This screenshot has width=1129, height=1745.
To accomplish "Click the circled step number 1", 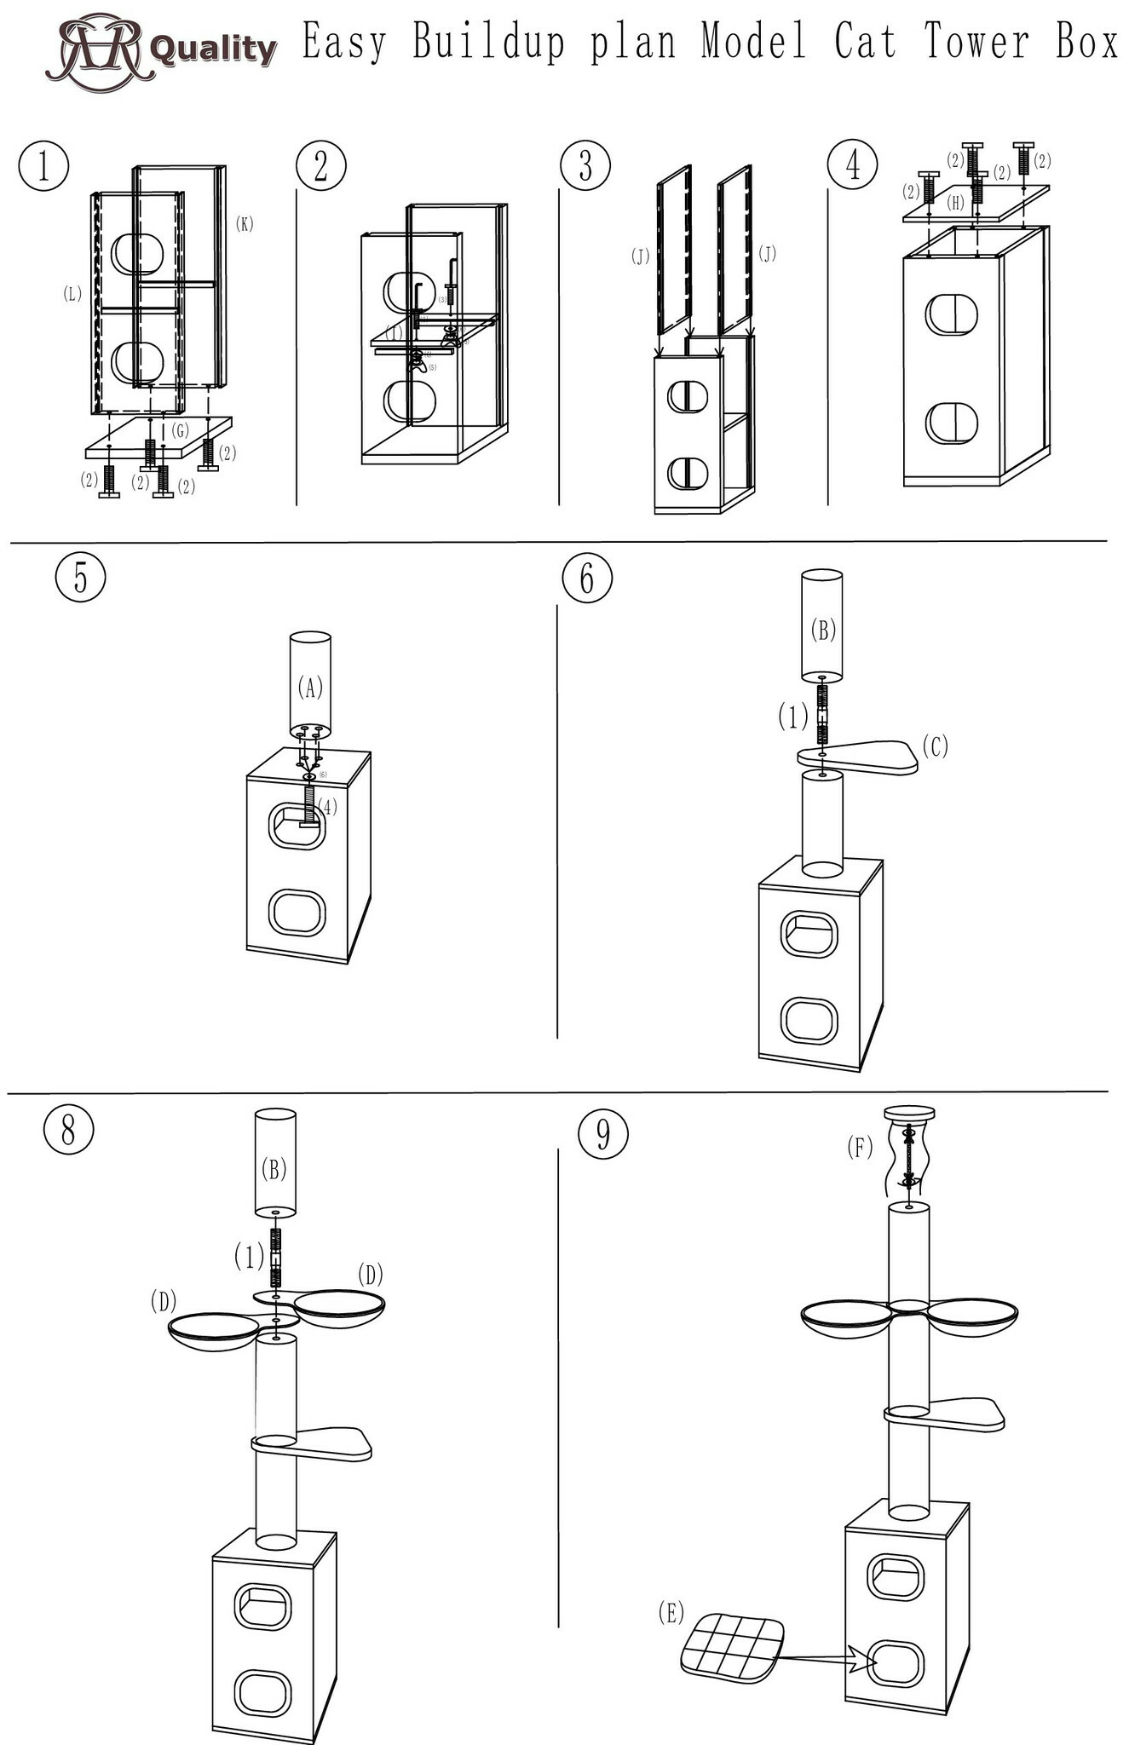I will [43, 165].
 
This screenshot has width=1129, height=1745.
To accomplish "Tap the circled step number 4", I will [853, 164].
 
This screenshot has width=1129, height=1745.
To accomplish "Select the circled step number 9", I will [603, 1134].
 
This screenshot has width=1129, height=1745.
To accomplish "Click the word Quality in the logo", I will [213, 49].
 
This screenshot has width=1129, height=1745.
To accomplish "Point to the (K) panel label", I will [245, 224].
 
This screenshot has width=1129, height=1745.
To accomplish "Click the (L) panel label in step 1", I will [72, 294].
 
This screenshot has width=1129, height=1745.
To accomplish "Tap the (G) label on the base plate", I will [180, 431].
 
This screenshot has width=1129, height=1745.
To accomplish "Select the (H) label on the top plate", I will [956, 203].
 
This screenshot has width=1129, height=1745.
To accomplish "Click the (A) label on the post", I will [310, 687].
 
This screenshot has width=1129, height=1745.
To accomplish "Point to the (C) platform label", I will [935, 746].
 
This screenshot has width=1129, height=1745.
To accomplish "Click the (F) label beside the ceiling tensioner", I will [860, 1148].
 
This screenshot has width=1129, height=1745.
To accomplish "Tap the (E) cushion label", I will [671, 1612].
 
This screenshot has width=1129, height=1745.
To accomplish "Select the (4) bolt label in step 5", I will [328, 805].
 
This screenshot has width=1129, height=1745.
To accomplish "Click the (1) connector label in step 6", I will [792, 717].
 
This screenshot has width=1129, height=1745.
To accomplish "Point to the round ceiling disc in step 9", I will [910, 1113].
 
